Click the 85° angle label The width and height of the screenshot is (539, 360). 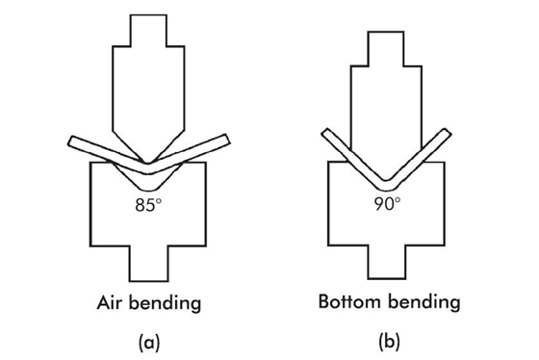click(x=147, y=205)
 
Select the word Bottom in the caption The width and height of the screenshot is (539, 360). click(x=351, y=301)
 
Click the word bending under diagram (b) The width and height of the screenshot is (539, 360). click(x=423, y=302)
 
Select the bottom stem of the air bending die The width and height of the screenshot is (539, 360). click(x=146, y=259)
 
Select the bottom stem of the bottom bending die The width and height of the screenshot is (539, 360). click(x=387, y=259)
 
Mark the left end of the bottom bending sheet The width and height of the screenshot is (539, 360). click(x=323, y=131)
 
